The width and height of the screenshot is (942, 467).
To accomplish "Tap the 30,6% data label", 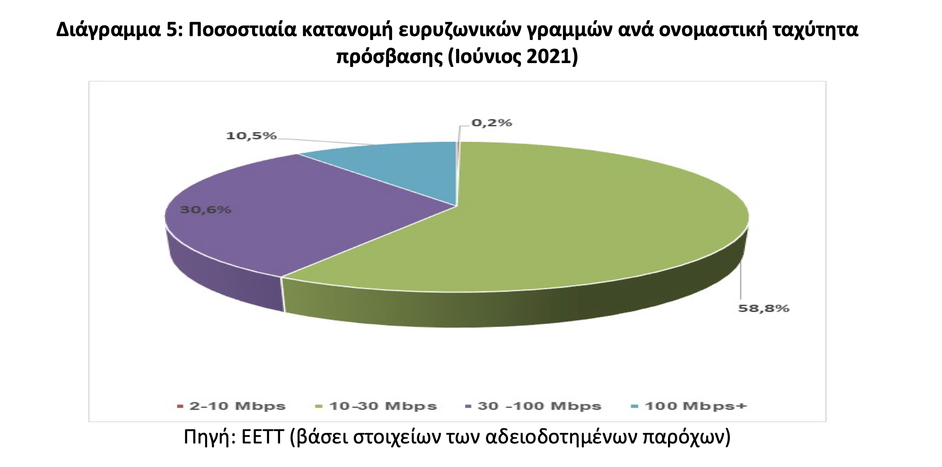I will tap(205, 209).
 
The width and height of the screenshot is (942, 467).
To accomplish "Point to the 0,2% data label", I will tap(491, 123).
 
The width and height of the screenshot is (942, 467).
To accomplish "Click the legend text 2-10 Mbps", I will tap(237, 406).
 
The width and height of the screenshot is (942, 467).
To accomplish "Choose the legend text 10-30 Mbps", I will tap(383, 406).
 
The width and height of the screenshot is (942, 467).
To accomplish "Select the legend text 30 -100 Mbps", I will tap(539, 406).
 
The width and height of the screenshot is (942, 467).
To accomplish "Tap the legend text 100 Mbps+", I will tap(696, 406).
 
